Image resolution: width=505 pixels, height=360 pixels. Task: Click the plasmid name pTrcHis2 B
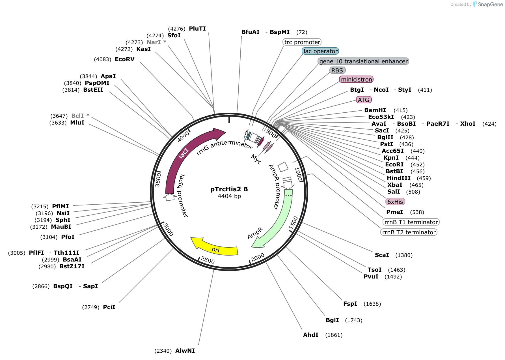tap(229, 189)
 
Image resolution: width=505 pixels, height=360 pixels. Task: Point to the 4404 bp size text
tap(229, 196)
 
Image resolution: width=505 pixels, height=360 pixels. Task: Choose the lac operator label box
tap(320, 51)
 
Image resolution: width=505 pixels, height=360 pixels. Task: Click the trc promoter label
tap(302, 42)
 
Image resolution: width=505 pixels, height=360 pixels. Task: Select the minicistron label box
tap(356, 80)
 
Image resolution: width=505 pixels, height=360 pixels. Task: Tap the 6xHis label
tap(395, 202)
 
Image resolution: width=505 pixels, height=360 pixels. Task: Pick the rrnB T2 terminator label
tap(409, 232)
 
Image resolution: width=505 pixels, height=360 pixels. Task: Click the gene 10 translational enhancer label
tap(363, 61)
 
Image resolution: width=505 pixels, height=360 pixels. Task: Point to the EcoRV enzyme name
tap(125, 59)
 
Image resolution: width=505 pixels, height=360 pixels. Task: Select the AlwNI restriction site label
tap(185, 351)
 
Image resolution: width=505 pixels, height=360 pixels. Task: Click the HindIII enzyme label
tap(399, 178)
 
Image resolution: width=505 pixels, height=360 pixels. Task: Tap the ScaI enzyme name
tap(382, 255)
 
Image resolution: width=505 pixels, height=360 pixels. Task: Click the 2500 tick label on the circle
tap(208, 260)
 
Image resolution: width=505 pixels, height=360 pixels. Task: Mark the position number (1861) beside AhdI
tap(334, 335)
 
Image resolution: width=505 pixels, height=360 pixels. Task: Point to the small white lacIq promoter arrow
tap(170, 197)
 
